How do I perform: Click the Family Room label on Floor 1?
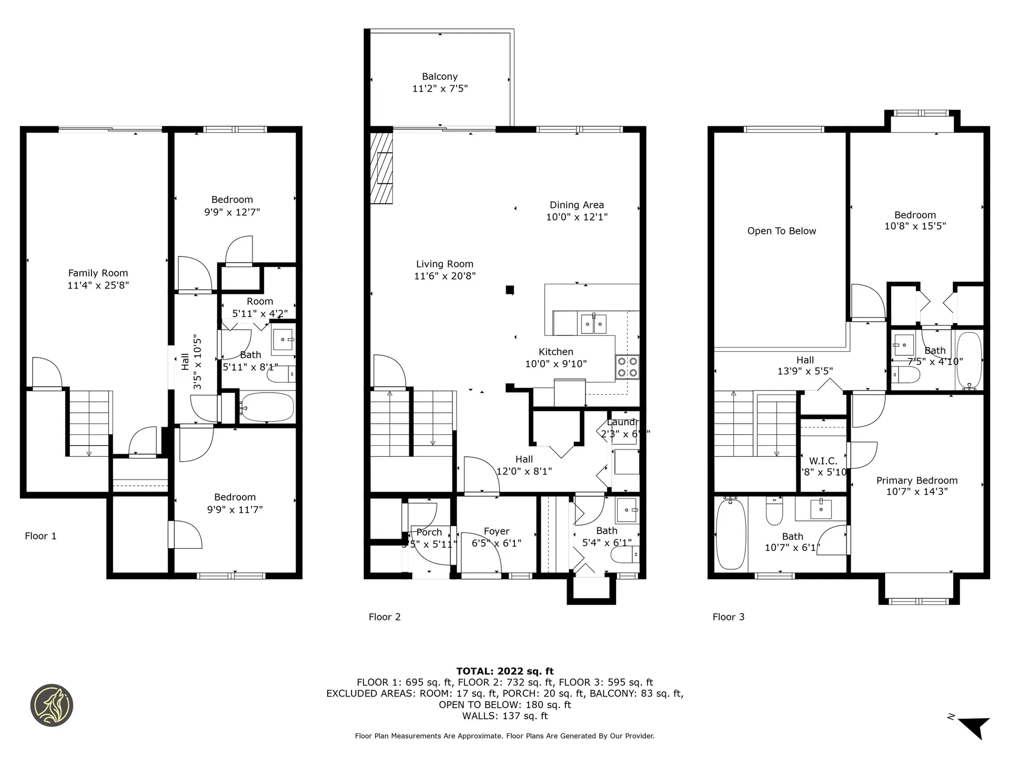pos(98,273)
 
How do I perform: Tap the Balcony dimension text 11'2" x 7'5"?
pos(440,89)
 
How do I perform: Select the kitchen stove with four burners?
pos(627,367)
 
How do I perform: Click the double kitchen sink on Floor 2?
pos(593,324)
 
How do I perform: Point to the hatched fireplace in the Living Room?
pos(382,168)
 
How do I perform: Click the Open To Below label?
pos(781,231)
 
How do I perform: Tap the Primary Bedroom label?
pos(916,480)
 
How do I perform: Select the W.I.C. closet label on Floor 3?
pos(823,461)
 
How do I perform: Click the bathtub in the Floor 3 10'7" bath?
pos(731,534)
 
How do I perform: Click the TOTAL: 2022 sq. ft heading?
pos(504,671)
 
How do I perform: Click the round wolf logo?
pos(52,705)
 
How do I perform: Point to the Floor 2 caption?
pos(385,617)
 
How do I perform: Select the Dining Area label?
pos(577,205)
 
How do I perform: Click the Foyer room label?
pos(497,531)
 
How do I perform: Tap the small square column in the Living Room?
pos(509,290)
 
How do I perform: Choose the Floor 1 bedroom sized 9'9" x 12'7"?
pos(232,206)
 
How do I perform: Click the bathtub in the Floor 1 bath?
pos(267,407)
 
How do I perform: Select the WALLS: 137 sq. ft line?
pos(504,716)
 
